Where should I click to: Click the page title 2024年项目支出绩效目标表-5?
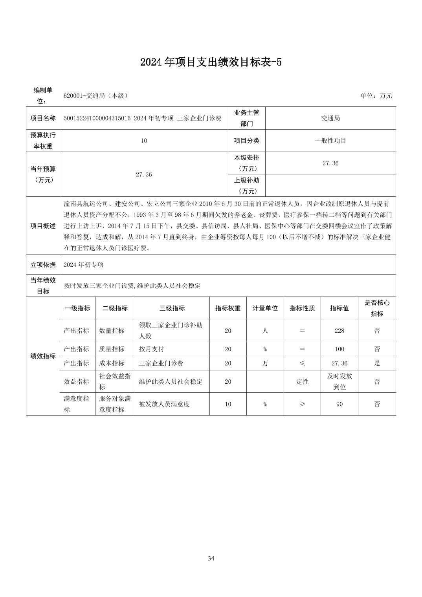(x=211, y=62)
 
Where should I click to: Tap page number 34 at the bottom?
(x=211, y=558)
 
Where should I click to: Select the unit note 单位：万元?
(x=376, y=96)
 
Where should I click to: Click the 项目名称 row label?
(x=43, y=118)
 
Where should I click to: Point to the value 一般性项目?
(x=330, y=141)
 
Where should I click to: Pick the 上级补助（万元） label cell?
(x=246, y=185)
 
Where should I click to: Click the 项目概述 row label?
(x=43, y=226)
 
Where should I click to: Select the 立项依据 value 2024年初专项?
(x=83, y=265)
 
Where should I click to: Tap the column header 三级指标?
(x=172, y=308)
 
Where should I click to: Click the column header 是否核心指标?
(x=376, y=308)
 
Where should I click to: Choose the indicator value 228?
(x=339, y=331)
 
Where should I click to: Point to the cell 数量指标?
(x=112, y=331)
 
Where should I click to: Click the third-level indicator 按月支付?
(x=151, y=349)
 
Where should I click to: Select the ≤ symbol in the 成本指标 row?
(x=302, y=363)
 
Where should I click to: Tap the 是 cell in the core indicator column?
(x=376, y=363)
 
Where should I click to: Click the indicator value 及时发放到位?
(x=339, y=381)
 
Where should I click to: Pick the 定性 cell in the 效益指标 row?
(x=302, y=381)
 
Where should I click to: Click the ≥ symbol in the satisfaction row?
(x=302, y=404)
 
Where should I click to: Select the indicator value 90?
(x=339, y=404)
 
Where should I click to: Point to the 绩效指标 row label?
(x=43, y=356)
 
